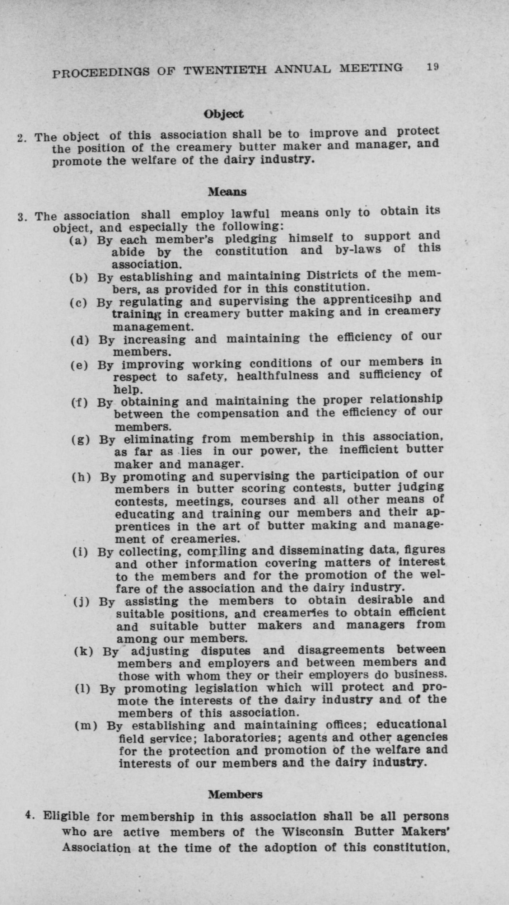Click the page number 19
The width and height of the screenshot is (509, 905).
(x=433, y=67)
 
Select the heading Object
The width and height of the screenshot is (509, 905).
(x=224, y=114)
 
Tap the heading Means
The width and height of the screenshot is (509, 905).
(x=227, y=192)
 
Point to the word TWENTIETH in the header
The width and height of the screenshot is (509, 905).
(x=225, y=69)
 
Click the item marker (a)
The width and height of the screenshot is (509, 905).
(x=78, y=240)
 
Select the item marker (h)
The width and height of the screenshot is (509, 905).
(x=81, y=478)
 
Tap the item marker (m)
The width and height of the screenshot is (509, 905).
(x=86, y=726)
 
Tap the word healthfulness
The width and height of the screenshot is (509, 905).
(x=277, y=376)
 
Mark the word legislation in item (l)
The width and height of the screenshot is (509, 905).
(x=226, y=688)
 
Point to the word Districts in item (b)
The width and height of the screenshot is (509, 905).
(x=332, y=275)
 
